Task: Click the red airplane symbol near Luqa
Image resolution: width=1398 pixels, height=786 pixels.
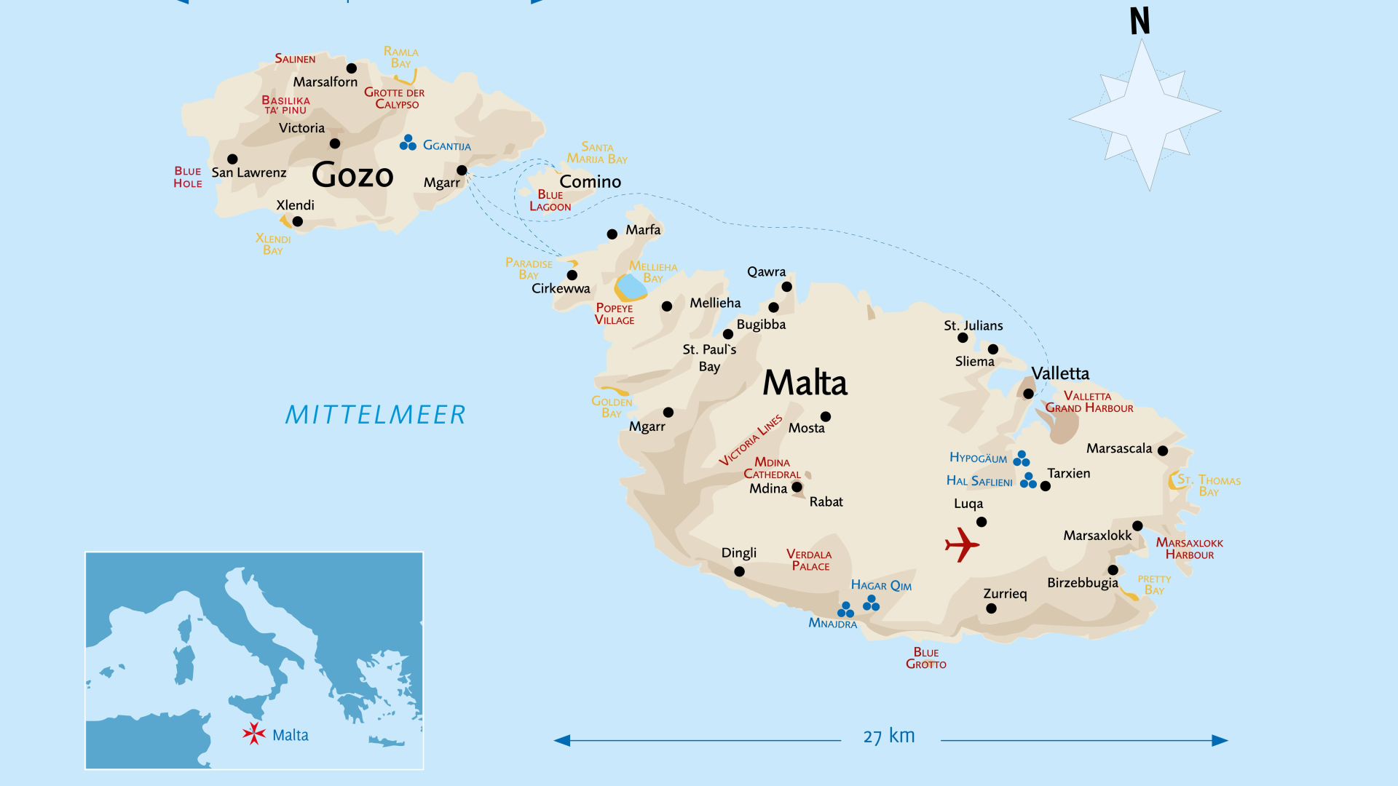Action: pyautogui.click(x=962, y=544)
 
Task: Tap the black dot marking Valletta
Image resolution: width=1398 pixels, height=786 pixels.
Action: pyautogui.click(x=1028, y=394)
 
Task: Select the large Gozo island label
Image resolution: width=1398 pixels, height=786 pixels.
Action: pyautogui.click(x=352, y=175)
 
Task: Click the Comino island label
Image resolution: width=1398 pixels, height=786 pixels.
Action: pyautogui.click(x=590, y=181)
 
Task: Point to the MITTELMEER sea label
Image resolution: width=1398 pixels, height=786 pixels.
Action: pyautogui.click(x=375, y=415)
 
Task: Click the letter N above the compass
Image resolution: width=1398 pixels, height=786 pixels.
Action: pyautogui.click(x=1140, y=21)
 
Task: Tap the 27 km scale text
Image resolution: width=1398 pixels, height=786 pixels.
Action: pyautogui.click(x=888, y=736)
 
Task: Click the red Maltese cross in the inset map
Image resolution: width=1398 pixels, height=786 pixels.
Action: pyautogui.click(x=254, y=733)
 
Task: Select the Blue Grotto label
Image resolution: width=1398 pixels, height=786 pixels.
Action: pyautogui.click(x=925, y=658)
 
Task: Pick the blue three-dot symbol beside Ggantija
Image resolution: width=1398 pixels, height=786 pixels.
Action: pyautogui.click(x=408, y=143)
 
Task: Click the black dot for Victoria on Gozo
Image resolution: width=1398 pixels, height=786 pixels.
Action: pyautogui.click(x=335, y=143)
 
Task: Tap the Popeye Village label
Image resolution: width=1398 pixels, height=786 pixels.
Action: pyautogui.click(x=614, y=314)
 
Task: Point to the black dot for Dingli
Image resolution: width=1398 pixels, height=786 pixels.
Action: pyautogui.click(x=739, y=571)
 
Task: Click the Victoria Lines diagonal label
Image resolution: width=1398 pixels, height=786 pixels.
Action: pyautogui.click(x=750, y=440)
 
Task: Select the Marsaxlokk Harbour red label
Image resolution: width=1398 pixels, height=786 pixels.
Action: pyautogui.click(x=1189, y=549)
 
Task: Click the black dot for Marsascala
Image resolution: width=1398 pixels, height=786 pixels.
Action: pyautogui.click(x=1163, y=450)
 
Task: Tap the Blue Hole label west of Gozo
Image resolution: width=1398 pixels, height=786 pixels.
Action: pyautogui.click(x=187, y=177)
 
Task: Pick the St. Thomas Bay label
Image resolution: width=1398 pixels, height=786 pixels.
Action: pyautogui.click(x=1209, y=485)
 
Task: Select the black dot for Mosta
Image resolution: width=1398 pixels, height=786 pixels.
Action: pyautogui.click(x=825, y=417)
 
